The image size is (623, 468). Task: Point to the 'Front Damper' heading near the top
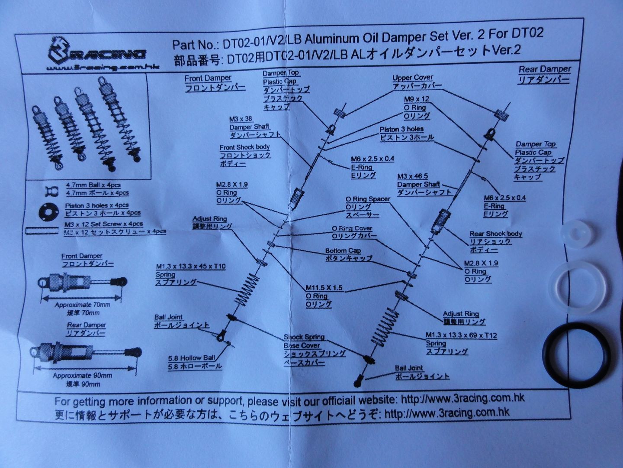point(208,78)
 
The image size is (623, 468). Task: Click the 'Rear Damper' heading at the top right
point(545,69)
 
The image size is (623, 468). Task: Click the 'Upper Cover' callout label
point(413,78)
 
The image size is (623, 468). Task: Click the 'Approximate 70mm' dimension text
point(82,305)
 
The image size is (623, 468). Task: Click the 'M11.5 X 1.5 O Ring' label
point(324,292)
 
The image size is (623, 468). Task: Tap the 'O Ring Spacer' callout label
point(368,199)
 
